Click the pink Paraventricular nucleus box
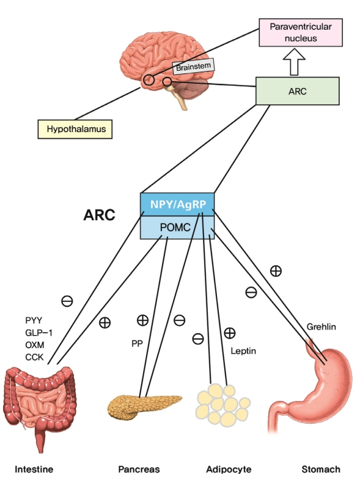tap(301, 32)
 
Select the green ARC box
tap(297, 91)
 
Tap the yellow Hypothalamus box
tap(75, 129)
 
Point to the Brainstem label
tap(194, 66)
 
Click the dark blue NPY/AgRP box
tap(177, 204)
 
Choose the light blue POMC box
tap(177, 227)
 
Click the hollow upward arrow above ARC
tap(294, 62)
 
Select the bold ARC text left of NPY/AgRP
tap(99, 215)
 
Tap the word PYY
tap(34, 320)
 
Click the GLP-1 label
tap(39, 333)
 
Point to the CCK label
tap(34, 357)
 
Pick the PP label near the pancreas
tap(137, 344)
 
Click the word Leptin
tap(243, 351)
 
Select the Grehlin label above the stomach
tap(321, 327)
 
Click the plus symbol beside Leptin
tap(230, 333)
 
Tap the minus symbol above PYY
tap(67, 301)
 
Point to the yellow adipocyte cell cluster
tap(223, 405)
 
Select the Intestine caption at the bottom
tap(34, 469)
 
